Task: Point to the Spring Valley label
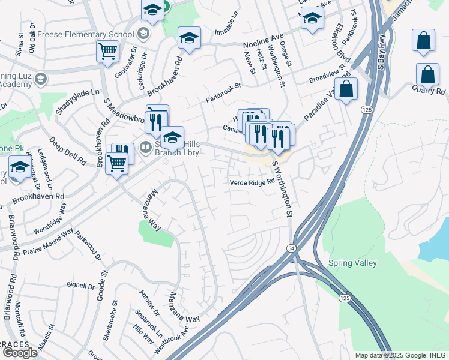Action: click(x=352, y=263)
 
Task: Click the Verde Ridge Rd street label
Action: click(x=253, y=182)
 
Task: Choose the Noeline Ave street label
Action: click(x=263, y=44)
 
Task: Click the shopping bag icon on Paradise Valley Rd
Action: click(x=346, y=89)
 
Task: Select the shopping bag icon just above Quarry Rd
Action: click(x=427, y=75)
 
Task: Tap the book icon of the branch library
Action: click(x=146, y=146)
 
